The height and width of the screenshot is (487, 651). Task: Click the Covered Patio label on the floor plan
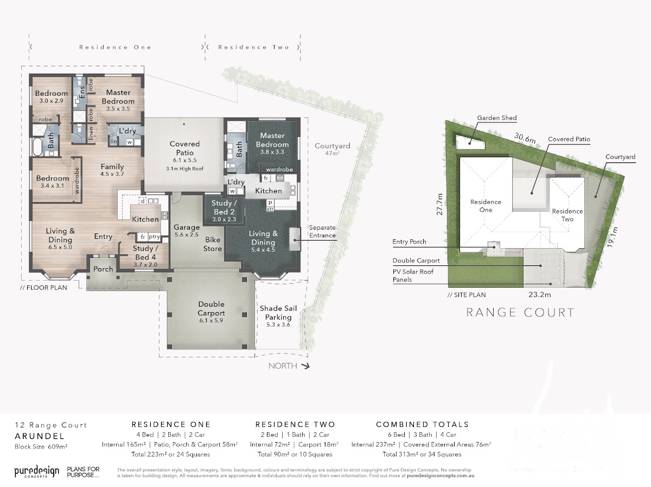[185, 148]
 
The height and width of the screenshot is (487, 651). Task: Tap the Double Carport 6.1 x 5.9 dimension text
[211, 321]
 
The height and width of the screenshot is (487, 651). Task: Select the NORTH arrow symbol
[305, 366]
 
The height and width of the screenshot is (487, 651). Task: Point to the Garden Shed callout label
[497, 118]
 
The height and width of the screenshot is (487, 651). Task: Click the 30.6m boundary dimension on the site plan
[525, 138]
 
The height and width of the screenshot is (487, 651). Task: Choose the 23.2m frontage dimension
[539, 295]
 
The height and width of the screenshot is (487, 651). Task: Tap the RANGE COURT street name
[520, 313]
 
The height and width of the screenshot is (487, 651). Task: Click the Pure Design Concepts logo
[37, 472]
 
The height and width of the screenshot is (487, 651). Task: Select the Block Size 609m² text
[41, 446]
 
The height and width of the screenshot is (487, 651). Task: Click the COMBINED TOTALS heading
[422, 425]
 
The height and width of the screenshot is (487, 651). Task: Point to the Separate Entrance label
[322, 231]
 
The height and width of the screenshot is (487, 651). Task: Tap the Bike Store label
[212, 244]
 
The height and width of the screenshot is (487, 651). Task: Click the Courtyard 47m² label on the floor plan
[333, 149]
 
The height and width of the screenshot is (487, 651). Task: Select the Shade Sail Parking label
[278, 313]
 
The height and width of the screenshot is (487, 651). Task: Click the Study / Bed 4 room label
[145, 252]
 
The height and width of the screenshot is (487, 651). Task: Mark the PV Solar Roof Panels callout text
[413, 276]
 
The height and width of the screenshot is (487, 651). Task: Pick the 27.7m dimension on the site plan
[439, 204]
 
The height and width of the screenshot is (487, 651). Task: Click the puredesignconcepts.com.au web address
[441, 476]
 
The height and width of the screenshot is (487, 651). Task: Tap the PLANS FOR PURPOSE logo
[83, 472]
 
